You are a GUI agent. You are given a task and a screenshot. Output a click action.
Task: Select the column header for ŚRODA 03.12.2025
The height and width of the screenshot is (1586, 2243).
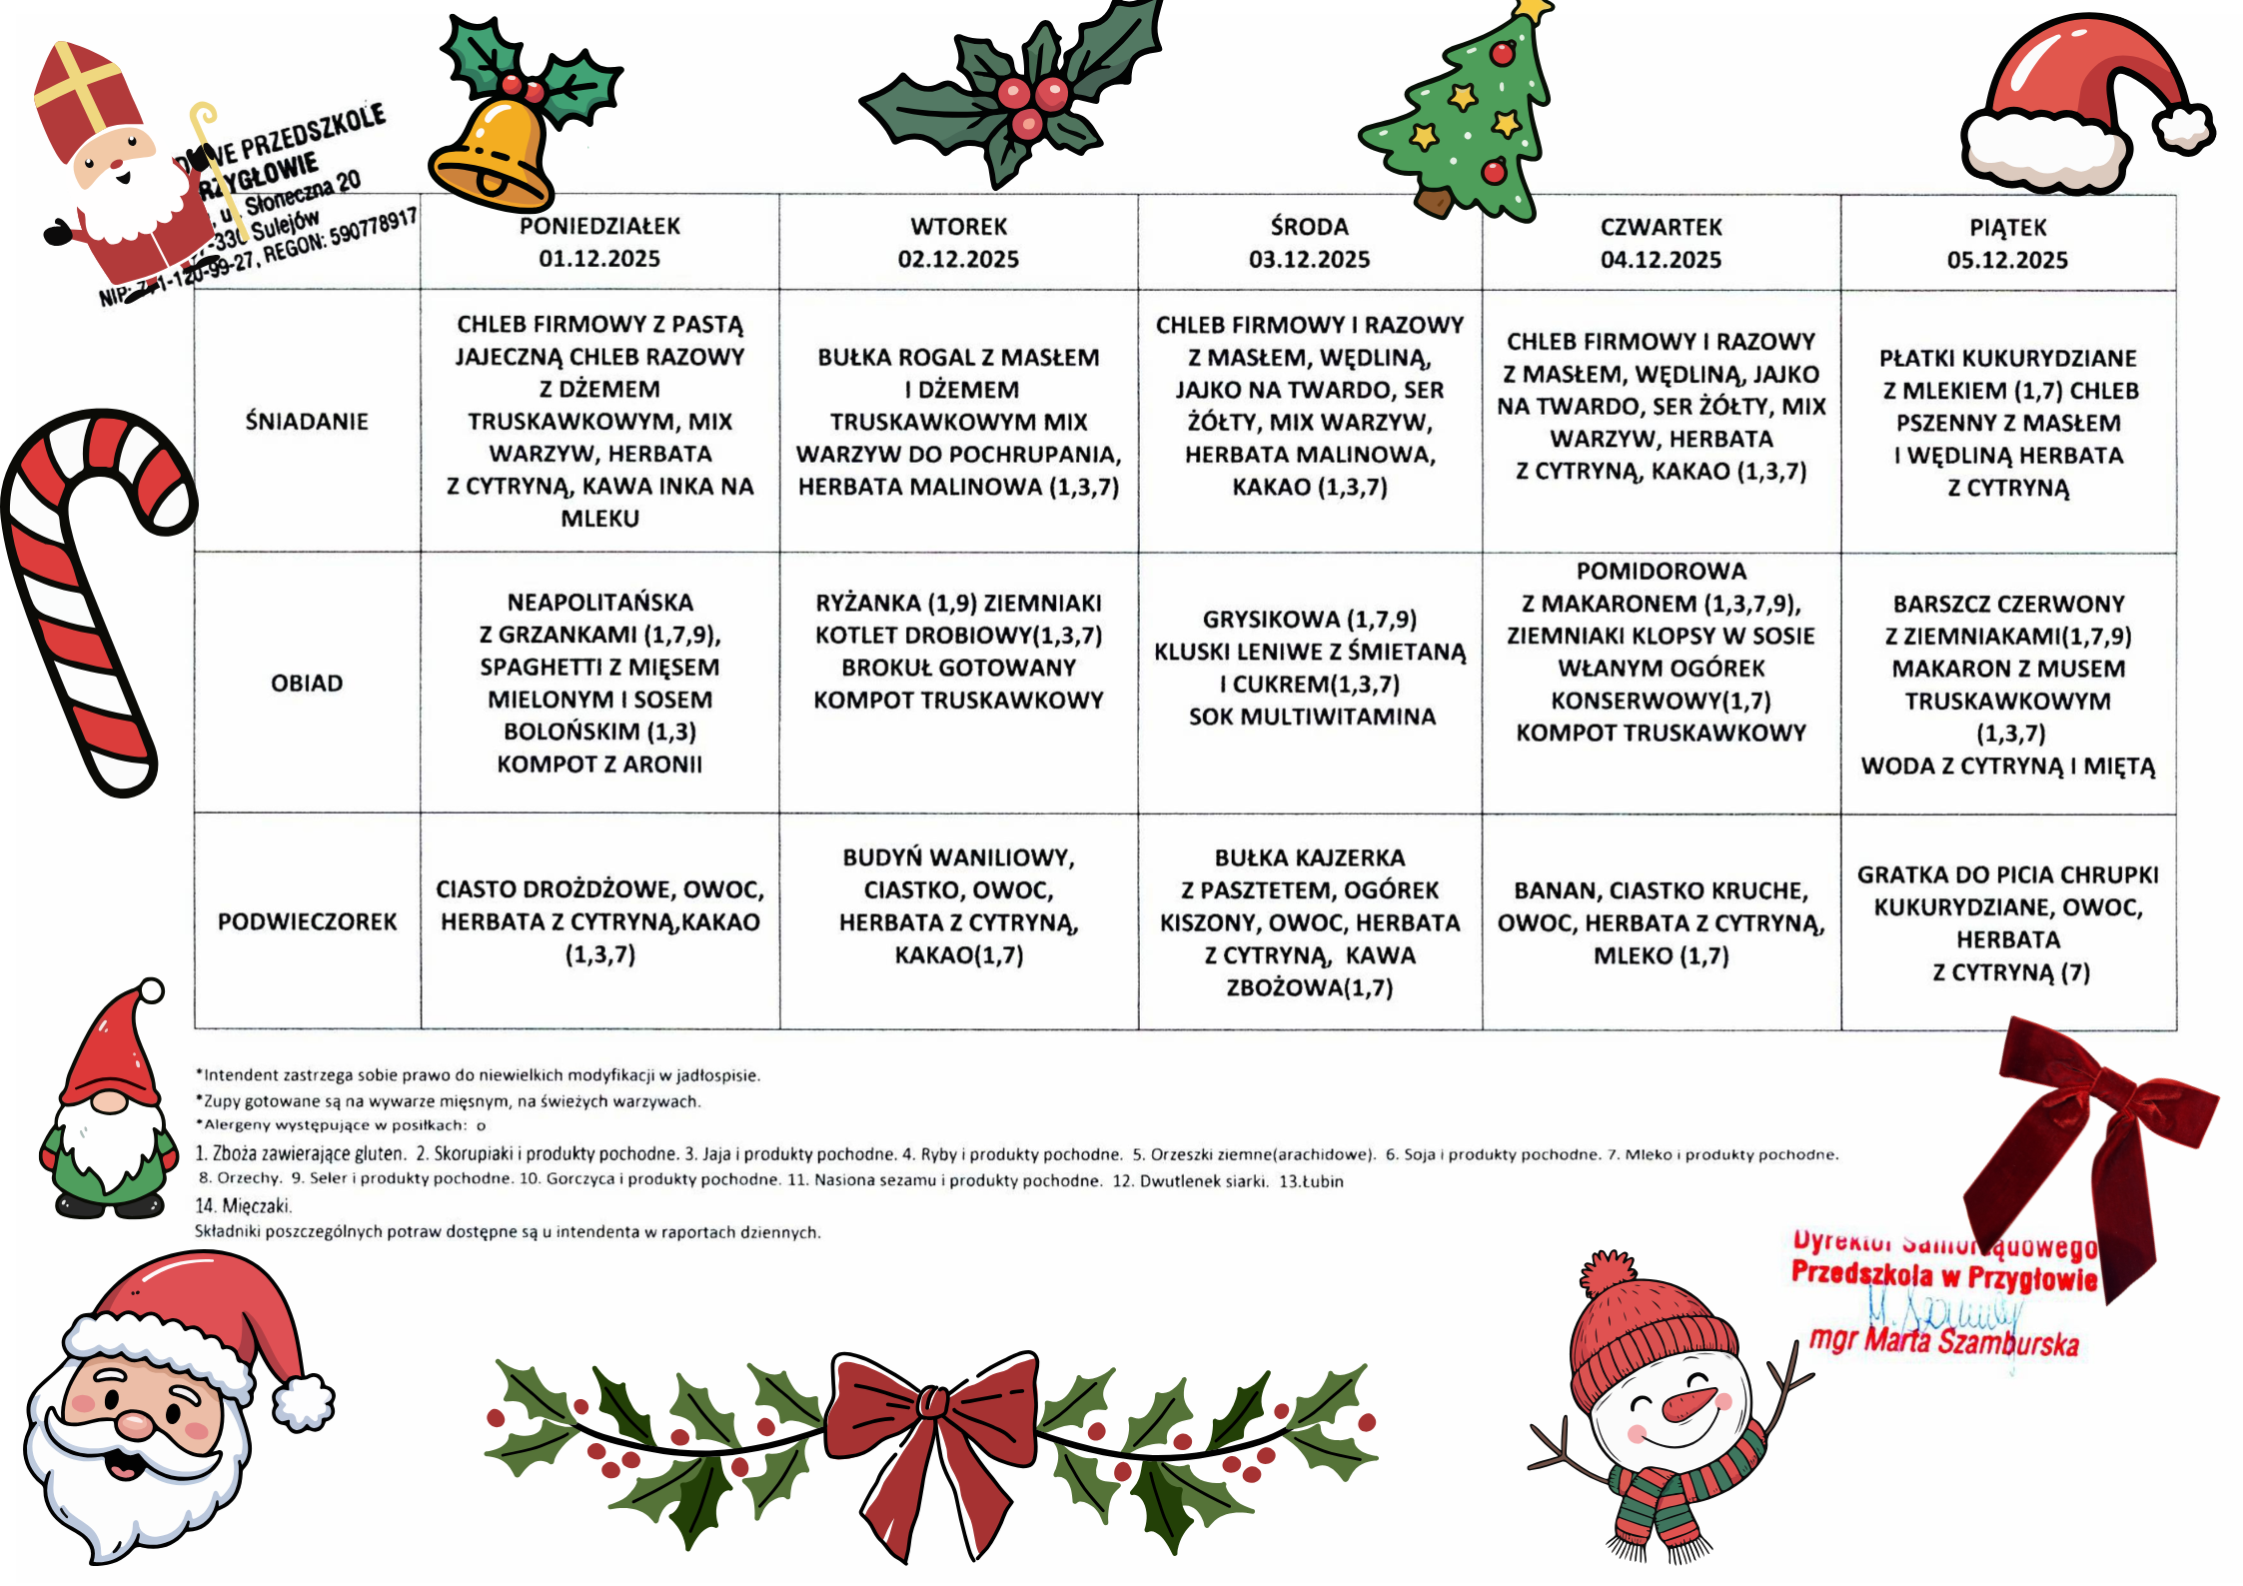click(1309, 243)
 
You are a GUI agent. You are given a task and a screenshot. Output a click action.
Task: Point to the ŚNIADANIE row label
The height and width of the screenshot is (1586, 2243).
click(307, 422)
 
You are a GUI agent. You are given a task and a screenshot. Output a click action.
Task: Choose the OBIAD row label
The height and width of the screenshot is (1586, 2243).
click(307, 684)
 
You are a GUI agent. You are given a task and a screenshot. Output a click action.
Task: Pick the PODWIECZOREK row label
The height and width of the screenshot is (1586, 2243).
click(307, 921)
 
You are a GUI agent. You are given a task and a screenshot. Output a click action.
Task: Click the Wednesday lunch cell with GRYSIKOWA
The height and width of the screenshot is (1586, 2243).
click(1310, 668)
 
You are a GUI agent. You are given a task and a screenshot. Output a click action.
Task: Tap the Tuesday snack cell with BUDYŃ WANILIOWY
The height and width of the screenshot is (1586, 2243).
click(958, 906)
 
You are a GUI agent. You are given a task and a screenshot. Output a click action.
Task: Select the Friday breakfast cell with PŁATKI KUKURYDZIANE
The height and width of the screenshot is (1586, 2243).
click(2008, 423)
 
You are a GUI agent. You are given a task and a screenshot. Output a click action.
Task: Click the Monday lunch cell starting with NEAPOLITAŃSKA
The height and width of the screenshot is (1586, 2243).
click(599, 684)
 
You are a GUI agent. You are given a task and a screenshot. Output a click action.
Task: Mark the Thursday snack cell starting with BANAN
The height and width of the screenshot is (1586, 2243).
click(1661, 922)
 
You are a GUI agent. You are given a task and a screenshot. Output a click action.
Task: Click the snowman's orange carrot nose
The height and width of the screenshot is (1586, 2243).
click(1688, 1404)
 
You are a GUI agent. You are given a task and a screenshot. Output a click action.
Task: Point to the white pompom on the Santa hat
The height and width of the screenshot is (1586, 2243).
click(2183, 130)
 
